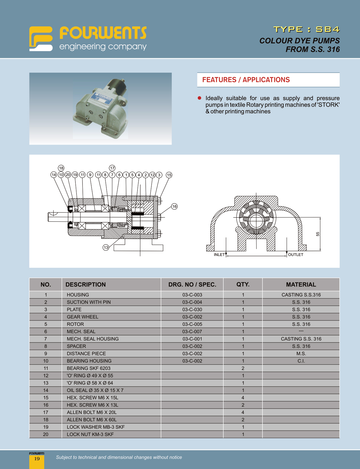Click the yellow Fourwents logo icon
(41, 39)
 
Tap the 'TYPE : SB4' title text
(306, 29)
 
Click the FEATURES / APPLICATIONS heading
(246, 80)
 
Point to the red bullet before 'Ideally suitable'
(200, 98)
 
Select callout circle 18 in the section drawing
(61, 168)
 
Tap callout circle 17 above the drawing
(112, 168)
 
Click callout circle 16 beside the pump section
(174, 206)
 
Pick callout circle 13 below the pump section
(106, 248)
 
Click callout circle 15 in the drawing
(169, 175)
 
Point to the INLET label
(219, 255)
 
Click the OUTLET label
(296, 255)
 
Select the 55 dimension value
(318, 234)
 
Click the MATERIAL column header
(301, 285)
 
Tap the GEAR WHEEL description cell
(82, 317)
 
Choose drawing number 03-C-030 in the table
(192, 310)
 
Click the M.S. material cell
(301, 354)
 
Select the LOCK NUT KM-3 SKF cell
(90, 434)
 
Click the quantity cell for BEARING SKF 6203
(243, 368)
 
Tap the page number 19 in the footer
(37, 459)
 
